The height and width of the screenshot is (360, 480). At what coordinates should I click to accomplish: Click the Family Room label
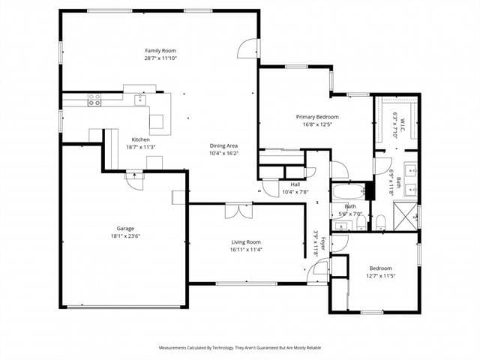[154, 50]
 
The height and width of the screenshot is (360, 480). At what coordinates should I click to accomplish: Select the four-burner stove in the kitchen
[94, 100]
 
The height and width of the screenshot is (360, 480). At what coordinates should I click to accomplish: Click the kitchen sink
[140, 100]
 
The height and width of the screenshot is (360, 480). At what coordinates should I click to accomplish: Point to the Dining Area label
[223, 145]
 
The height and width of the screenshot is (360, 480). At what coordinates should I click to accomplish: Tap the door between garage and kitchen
[134, 181]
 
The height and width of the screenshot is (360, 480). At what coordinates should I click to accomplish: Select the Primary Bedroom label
[316, 117]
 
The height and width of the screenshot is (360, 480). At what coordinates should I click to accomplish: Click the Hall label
[295, 184]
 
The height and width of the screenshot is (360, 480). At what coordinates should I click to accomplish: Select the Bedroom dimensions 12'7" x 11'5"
[379, 275]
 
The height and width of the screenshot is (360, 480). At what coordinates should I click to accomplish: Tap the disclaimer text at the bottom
[239, 348]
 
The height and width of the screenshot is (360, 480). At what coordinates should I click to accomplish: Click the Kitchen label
[140, 139]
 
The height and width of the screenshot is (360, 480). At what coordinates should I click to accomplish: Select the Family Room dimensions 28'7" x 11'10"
[154, 58]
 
